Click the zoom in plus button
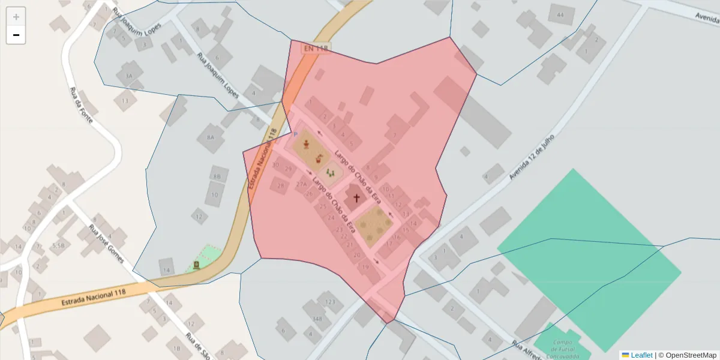[16, 17]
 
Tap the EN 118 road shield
[316, 48]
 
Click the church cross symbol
[356, 197]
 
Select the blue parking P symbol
[295, 134]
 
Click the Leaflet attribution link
[641, 355]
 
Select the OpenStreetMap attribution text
[691, 355]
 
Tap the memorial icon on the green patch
[196, 265]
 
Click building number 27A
[301, 184]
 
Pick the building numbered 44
[560, 14]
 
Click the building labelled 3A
[128, 76]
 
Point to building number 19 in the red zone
[365, 267]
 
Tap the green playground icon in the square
[329, 173]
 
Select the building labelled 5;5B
[58, 245]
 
